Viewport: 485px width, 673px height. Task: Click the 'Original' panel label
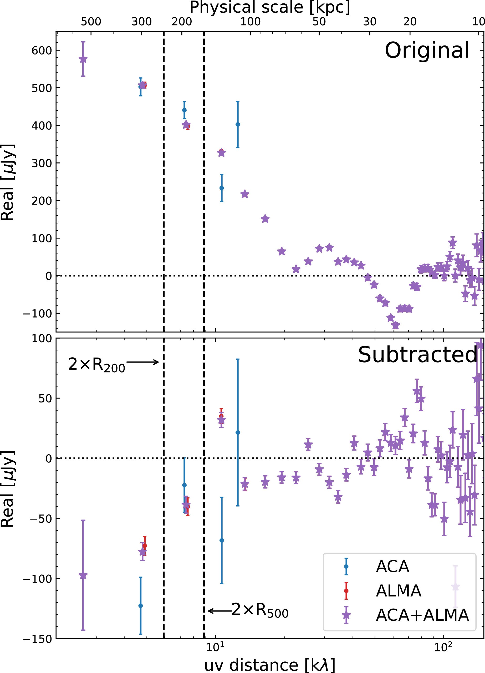click(x=427, y=50)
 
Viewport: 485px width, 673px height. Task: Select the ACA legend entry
click(x=392, y=567)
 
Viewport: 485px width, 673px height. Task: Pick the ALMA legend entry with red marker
click(x=398, y=591)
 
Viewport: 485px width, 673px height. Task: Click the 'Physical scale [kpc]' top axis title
click(x=270, y=7)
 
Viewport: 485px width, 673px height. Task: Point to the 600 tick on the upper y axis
click(x=42, y=50)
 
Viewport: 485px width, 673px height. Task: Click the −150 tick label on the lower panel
click(x=37, y=639)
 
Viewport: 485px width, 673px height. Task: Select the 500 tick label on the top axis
click(x=91, y=22)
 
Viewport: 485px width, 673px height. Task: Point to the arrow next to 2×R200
click(x=143, y=362)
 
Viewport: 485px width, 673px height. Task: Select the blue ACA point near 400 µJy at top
click(x=238, y=124)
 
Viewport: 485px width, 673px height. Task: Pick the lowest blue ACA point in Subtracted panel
click(x=141, y=606)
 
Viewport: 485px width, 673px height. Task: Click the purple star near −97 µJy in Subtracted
click(x=83, y=575)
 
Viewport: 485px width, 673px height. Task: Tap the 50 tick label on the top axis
click(x=319, y=22)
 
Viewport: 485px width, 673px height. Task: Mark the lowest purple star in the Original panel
click(x=395, y=325)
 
